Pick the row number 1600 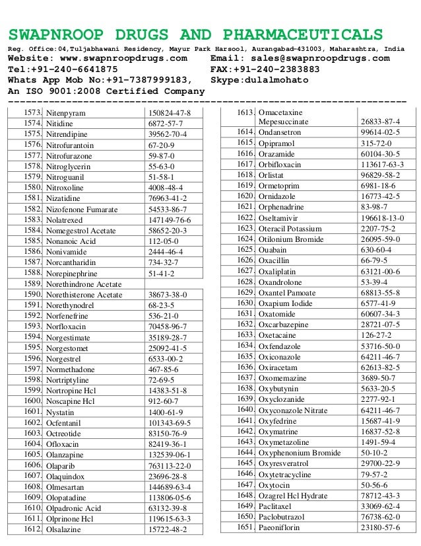(32, 401)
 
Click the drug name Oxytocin (276, 485)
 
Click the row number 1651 (245, 527)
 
